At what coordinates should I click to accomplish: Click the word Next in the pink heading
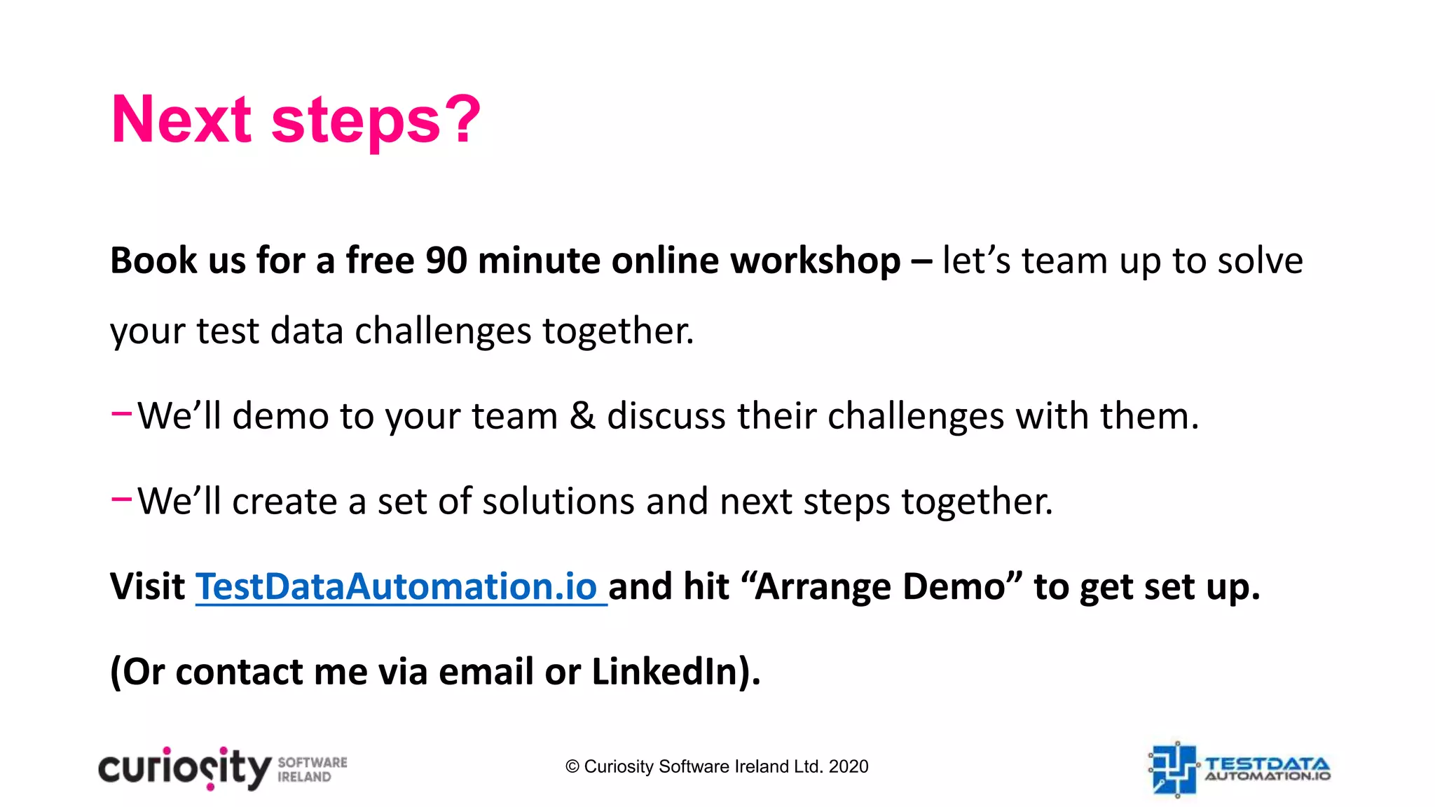pos(181,120)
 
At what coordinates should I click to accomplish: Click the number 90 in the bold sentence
pos(446,261)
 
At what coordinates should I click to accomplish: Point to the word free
pos(380,261)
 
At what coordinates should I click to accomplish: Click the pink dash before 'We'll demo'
pos(121,413)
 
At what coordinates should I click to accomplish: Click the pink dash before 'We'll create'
pos(121,499)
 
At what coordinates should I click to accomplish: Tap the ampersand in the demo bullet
pos(582,416)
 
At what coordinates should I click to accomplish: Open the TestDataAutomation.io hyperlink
pos(397,586)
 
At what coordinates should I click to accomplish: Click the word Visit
pos(148,586)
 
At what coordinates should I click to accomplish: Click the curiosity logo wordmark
pos(184,769)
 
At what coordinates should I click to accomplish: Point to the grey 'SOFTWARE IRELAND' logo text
pos(313,769)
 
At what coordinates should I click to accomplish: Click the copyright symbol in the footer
pos(572,767)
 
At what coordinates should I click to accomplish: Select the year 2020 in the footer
pos(848,767)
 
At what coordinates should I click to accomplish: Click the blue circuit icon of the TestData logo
pos(1174,769)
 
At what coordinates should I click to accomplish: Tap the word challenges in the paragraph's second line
pos(443,331)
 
